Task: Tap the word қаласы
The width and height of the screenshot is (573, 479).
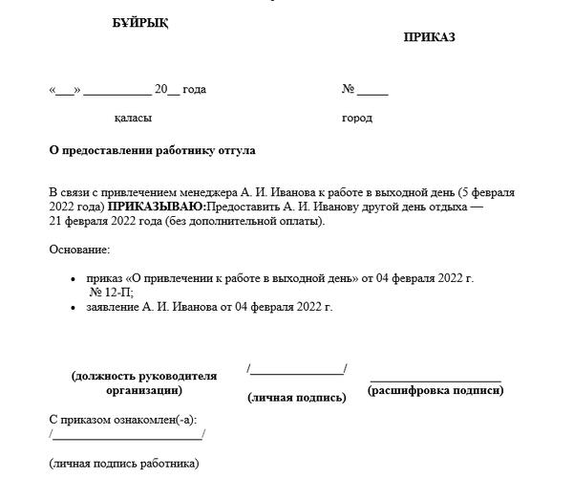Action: pos(133,119)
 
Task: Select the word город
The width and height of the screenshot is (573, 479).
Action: pos(356,119)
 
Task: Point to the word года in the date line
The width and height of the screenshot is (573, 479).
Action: pos(194,90)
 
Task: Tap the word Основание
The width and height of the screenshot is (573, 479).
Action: pos(78,250)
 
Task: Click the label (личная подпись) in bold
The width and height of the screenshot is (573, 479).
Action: pos(296,396)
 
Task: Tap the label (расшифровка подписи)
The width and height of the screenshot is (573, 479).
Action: pos(435,390)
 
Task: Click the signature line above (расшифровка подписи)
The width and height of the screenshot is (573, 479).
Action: pos(435,380)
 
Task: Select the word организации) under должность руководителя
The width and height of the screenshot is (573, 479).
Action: pos(144,390)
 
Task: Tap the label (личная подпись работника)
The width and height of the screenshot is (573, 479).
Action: pos(124,464)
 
